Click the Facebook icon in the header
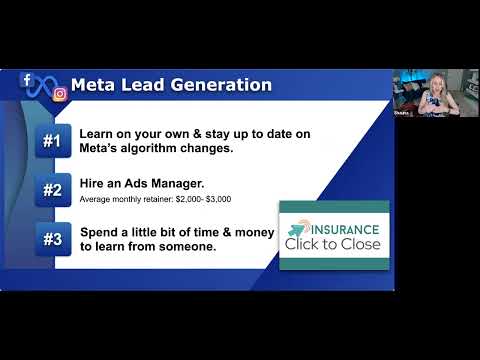pos(27,80)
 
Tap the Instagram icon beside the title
pos(60,94)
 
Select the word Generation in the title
pos(221,85)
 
